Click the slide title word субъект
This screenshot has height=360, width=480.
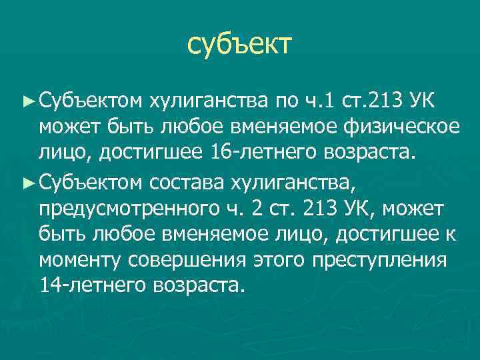(x=239, y=45)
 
